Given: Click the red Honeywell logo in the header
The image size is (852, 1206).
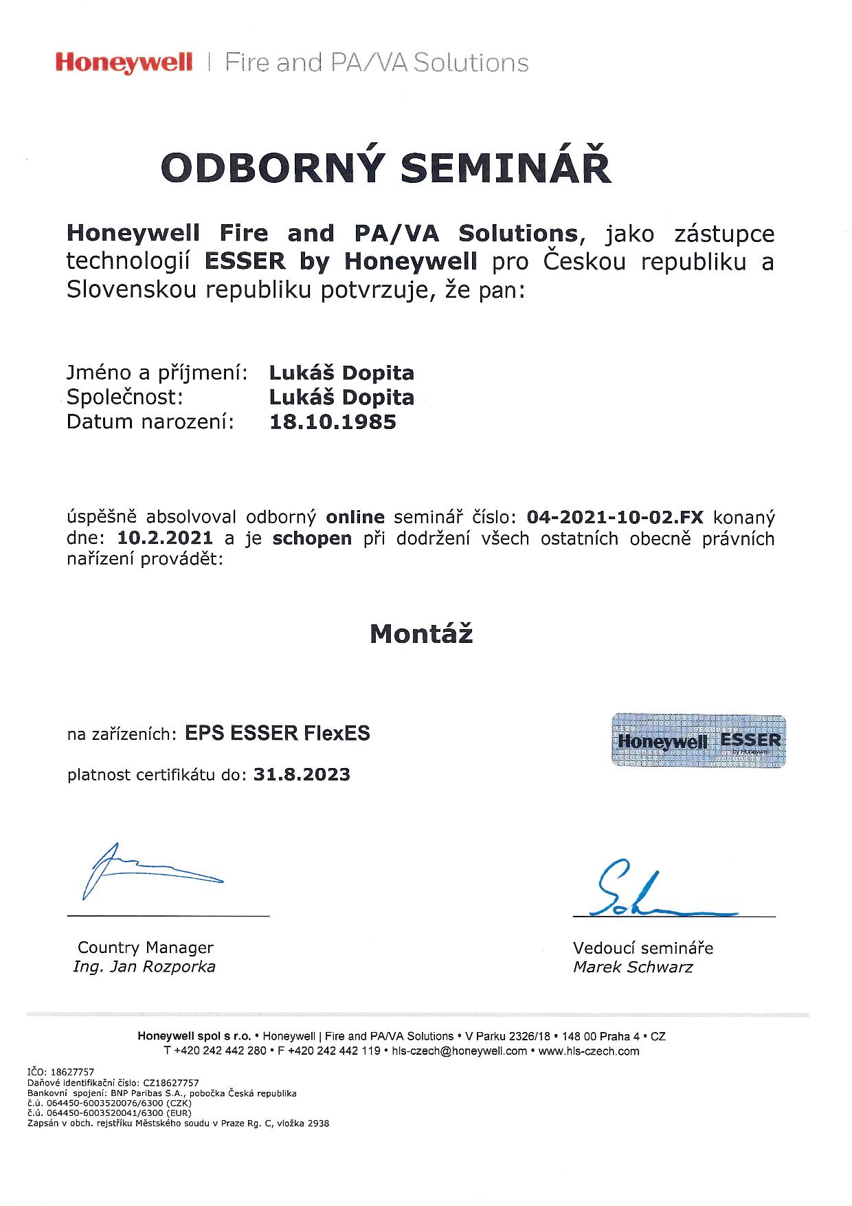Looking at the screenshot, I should [x=124, y=63].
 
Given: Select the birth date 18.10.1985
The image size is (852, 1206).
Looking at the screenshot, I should [x=333, y=421].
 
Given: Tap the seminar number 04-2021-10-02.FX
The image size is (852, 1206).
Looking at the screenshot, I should [x=615, y=517].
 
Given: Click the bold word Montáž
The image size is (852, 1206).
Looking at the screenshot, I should [x=421, y=633].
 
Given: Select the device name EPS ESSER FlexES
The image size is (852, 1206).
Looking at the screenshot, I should [x=278, y=734].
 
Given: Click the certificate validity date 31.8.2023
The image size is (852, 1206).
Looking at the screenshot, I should [x=302, y=775].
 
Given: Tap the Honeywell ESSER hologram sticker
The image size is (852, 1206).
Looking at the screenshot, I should [x=698, y=741].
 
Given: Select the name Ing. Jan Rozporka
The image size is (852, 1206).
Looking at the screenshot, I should [x=144, y=967].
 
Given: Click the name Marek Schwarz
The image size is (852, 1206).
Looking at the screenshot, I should [x=633, y=967].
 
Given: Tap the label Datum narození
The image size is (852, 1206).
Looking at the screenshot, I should [x=150, y=421].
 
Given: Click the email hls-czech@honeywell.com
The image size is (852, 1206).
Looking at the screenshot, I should [x=459, y=1051].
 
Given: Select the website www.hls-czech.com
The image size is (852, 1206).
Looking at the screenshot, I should [x=589, y=1051].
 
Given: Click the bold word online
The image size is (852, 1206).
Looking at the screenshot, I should [x=355, y=517].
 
